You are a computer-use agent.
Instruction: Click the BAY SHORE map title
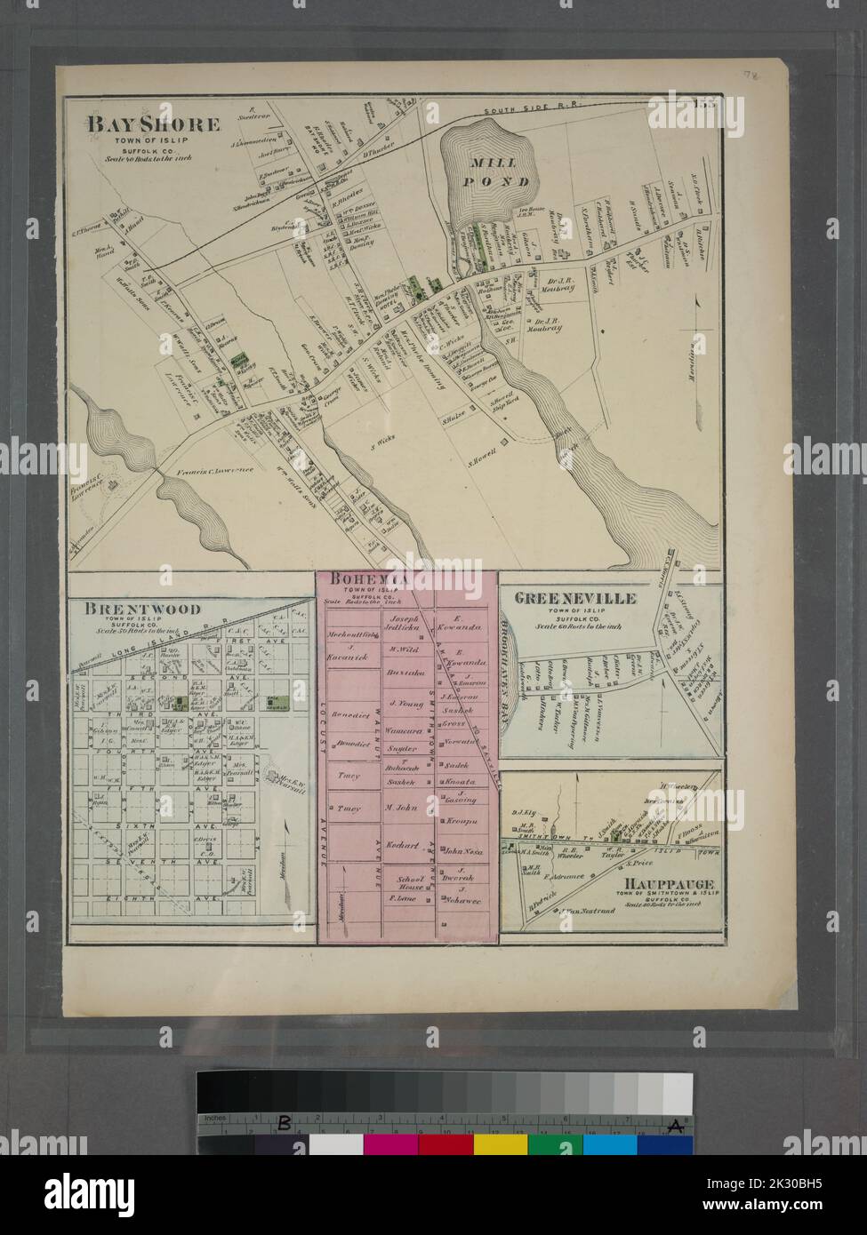152,124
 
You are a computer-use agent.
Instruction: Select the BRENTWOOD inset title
142,609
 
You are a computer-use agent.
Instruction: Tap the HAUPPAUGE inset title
665,884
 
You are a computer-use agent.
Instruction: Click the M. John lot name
402,808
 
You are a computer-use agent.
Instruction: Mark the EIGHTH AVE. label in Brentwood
187,899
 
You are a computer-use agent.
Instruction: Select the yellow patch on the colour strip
500,1144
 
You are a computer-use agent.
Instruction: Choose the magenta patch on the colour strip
390,1144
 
